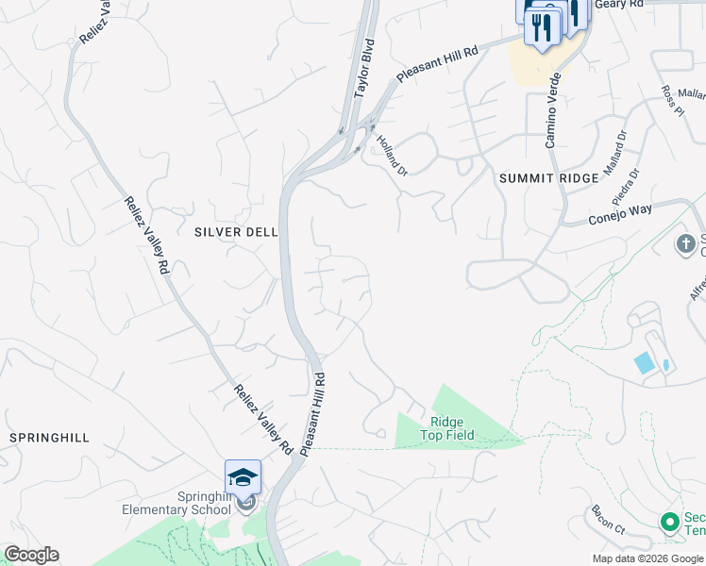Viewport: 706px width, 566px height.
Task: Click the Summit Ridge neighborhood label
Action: (548, 178)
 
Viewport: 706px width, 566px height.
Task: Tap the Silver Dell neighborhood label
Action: (236, 232)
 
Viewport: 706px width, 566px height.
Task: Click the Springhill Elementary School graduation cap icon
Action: (243, 477)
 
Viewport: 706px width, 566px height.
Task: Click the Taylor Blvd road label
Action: (364, 69)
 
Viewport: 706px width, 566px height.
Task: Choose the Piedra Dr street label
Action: (625, 186)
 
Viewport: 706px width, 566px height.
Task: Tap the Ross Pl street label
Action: (672, 101)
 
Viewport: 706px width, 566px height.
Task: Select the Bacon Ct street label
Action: (608, 520)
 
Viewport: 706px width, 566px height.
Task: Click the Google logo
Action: (31, 555)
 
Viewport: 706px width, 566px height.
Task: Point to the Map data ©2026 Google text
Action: (648, 558)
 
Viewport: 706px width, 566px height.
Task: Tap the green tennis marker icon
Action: (669, 522)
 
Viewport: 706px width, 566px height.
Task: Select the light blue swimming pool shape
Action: (645, 362)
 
